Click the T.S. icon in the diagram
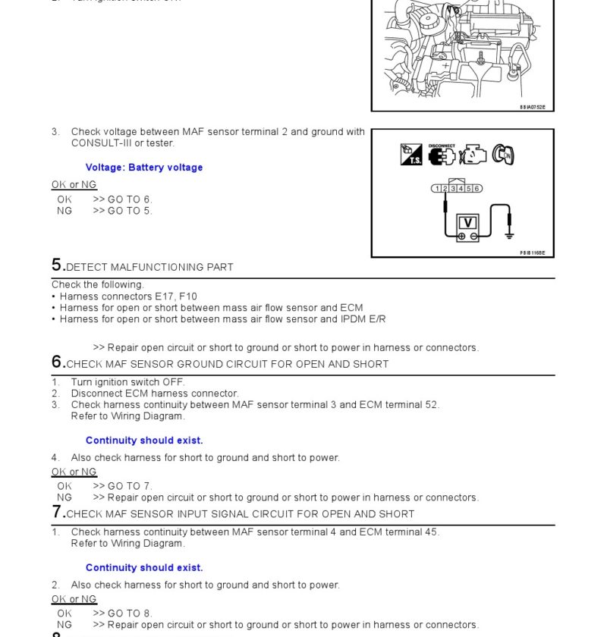tap(411, 155)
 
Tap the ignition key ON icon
tap(503, 155)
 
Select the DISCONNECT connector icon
tap(442, 155)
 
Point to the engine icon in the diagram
tap(473, 155)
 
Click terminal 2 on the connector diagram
tap(445, 189)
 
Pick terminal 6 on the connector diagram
tap(477, 189)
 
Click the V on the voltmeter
tap(468, 222)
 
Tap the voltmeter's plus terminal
tap(462, 237)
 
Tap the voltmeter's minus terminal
tap(474, 237)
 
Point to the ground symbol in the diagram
tap(510, 235)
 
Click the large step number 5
tap(57, 265)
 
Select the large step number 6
tap(57, 362)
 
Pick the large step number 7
tap(57, 512)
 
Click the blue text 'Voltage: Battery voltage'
tap(144, 168)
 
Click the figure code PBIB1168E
tap(533, 253)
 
